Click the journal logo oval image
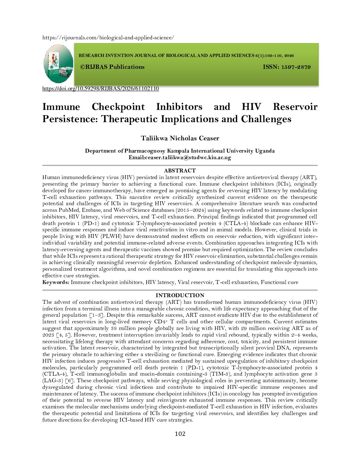tap(58, 64)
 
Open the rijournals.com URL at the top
tap(108, 38)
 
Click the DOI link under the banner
tap(101, 89)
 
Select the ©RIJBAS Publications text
tap(112, 67)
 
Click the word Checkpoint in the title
tap(118, 107)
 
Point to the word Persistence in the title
tap(70, 119)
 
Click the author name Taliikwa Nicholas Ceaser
tap(180, 138)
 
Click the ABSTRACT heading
tap(180, 171)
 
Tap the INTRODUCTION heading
tap(180, 296)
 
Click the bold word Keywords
tap(56, 282)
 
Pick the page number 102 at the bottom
tap(180, 434)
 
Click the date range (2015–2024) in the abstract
tap(190, 210)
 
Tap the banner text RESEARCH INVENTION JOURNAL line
tap(186, 56)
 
